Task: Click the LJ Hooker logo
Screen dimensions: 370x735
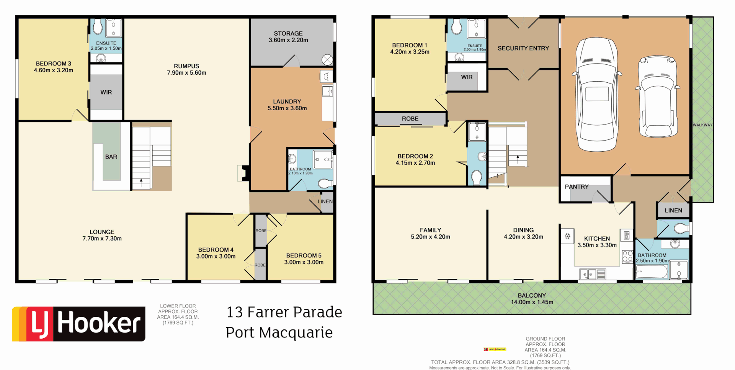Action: pyautogui.click(x=78, y=324)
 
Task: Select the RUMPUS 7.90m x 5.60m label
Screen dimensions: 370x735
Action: pyautogui.click(x=186, y=69)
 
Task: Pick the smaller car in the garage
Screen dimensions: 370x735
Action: pyautogui.click(x=657, y=96)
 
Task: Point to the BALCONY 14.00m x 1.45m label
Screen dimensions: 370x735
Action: pyautogui.click(x=532, y=299)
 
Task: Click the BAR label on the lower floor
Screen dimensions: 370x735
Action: pyautogui.click(x=111, y=157)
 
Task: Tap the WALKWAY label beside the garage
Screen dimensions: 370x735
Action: pyautogui.click(x=702, y=125)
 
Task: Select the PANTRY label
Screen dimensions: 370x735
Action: pyautogui.click(x=577, y=187)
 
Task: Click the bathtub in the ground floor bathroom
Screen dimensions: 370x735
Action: pyautogui.click(x=652, y=272)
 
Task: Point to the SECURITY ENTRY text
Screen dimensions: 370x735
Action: pyautogui.click(x=523, y=48)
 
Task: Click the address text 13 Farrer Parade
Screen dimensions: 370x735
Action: pyautogui.click(x=284, y=312)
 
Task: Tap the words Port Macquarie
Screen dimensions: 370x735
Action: pyautogui.click(x=279, y=332)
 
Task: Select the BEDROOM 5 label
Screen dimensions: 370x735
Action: pyautogui.click(x=304, y=259)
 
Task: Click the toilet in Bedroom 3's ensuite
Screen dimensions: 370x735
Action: pyautogui.click(x=98, y=27)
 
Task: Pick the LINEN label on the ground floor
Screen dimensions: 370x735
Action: pyautogui.click(x=673, y=210)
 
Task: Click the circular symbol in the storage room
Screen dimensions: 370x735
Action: pyautogui.click(x=327, y=60)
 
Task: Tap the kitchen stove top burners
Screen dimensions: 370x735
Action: pyautogui.click(x=627, y=256)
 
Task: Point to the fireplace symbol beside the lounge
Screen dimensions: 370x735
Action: pyautogui.click(x=243, y=173)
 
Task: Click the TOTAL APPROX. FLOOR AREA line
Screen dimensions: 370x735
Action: pyautogui.click(x=500, y=362)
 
